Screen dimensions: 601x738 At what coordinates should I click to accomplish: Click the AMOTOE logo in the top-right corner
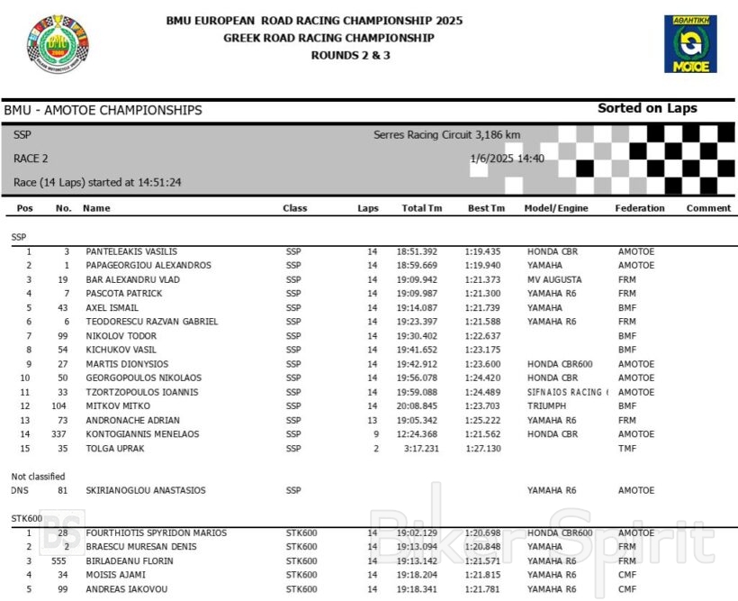tap(690, 43)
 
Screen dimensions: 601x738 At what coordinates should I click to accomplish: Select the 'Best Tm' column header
tap(486, 208)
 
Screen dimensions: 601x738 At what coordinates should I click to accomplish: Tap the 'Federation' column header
tap(640, 208)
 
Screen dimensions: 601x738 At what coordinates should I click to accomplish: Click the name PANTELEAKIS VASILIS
tap(131, 251)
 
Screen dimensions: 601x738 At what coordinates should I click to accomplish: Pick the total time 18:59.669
tap(419, 266)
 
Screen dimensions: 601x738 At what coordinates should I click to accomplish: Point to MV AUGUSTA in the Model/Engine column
tap(554, 279)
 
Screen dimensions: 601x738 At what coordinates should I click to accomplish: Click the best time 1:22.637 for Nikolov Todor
tap(483, 336)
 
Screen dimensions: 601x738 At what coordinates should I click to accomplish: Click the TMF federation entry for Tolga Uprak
tap(627, 449)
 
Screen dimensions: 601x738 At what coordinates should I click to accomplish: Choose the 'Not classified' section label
tap(38, 476)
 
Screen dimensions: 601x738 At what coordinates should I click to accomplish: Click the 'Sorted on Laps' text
tap(647, 108)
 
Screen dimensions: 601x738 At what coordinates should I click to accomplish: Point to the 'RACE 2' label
tap(31, 159)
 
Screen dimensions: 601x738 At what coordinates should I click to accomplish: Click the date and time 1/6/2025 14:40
tap(507, 159)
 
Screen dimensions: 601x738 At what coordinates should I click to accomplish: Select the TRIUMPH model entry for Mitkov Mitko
tap(549, 406)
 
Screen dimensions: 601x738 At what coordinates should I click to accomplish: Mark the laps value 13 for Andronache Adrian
tap(372, 421)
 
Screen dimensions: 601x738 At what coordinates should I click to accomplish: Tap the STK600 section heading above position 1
tap(27, 518)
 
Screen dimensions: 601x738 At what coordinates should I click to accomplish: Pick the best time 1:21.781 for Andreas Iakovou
tap(483, 589)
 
